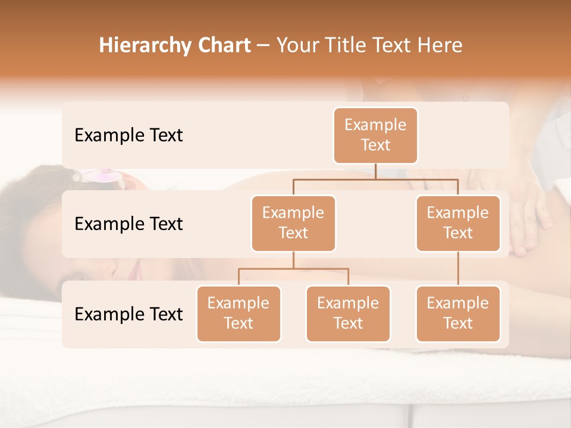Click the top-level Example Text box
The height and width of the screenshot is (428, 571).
point(375,136)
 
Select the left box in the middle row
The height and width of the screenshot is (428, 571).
point(293,224)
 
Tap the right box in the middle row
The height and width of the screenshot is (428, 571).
point(458,224)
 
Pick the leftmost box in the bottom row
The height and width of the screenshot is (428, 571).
point(239,314)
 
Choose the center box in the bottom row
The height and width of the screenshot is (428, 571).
point(348,314)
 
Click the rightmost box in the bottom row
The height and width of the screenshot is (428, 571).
point(458,314)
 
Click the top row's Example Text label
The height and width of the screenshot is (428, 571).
point(128,136)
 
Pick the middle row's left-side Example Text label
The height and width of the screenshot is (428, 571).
point(128,224)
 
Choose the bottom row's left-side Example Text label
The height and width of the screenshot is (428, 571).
point(128,314)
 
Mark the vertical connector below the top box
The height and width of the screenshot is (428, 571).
point(375,171)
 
